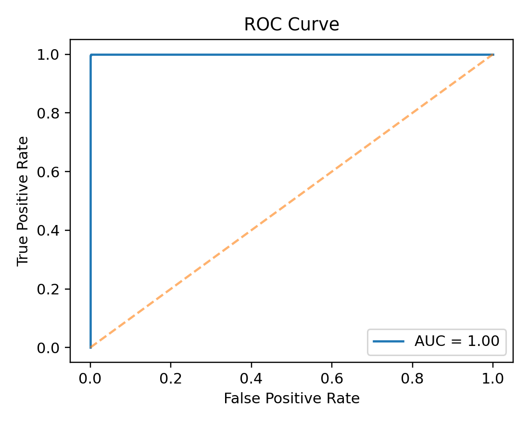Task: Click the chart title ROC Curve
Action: point(291,25)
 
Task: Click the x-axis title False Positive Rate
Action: point(291,398)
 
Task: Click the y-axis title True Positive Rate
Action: point(22,200)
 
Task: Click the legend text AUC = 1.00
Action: point(457,341)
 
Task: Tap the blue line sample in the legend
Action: point(389,341)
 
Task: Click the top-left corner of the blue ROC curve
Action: point(90,55)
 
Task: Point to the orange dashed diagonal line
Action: point(291,201)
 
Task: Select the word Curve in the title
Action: point(318,25)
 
